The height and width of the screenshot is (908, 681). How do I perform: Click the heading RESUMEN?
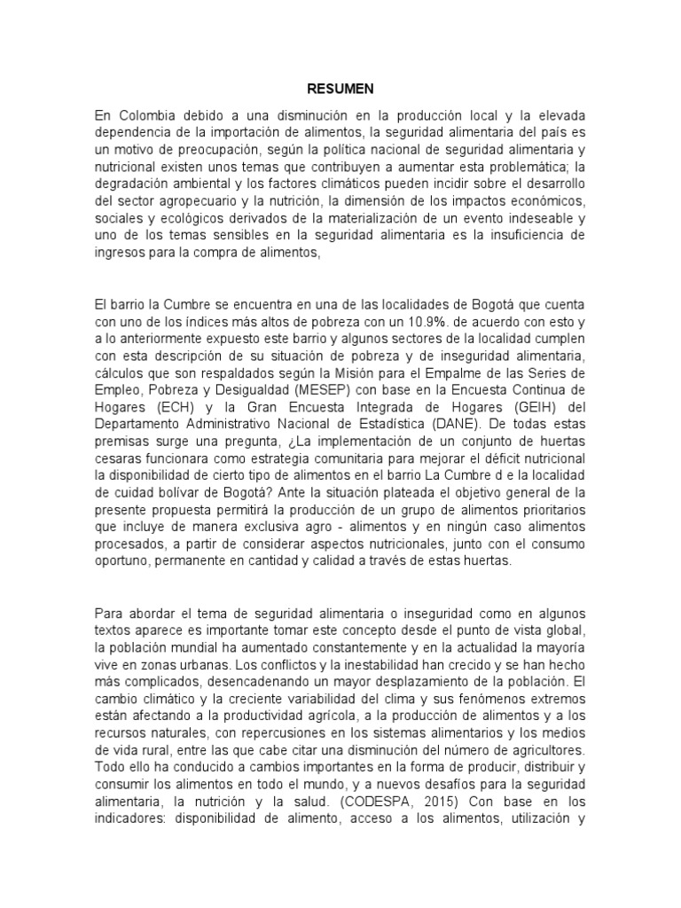click(x=340, y=89)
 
